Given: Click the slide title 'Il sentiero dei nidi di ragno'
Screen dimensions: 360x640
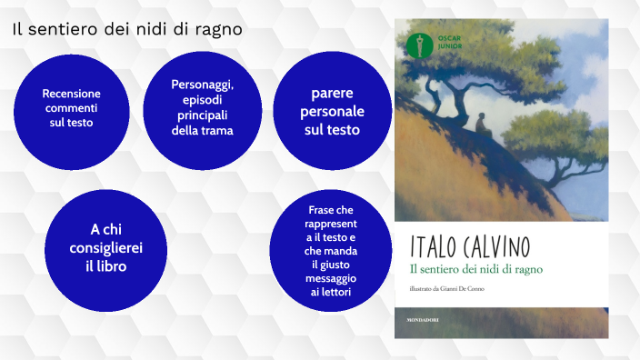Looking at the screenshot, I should click(x=127, y=28).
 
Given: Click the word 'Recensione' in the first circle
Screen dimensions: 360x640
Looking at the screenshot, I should click(x=72, y=94).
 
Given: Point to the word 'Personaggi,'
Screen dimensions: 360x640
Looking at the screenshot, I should click(x=203, y=84).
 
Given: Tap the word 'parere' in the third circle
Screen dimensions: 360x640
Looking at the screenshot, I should click(x=332, y=93).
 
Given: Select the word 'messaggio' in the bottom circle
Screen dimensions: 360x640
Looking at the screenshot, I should click(x=332, y=277).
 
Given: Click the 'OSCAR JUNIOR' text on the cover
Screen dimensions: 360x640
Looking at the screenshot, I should click(x=441, y=43).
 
